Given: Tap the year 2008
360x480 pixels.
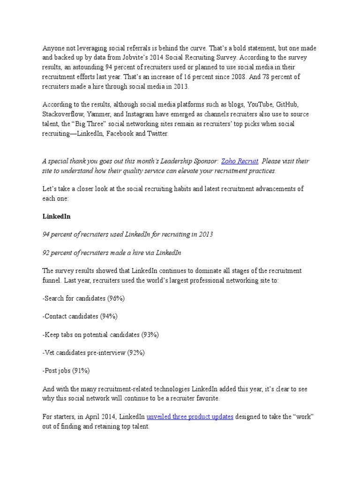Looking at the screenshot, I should point(251,76).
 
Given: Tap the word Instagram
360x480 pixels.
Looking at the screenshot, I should point(138,114).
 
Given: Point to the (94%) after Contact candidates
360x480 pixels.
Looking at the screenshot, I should point(108,316).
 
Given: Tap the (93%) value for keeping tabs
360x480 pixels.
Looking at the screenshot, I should point(150,335).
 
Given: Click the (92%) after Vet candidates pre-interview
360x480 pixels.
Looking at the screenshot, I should point(135,353).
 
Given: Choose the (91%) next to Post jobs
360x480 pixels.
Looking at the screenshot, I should point(80,371).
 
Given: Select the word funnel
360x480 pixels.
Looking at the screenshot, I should point(51,280).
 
